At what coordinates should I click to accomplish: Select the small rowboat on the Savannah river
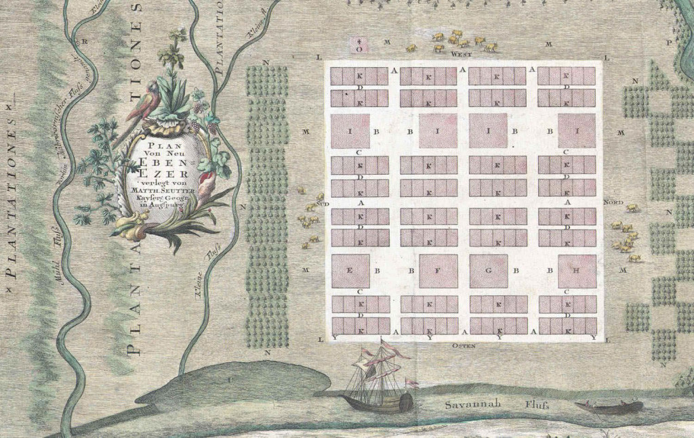(608, 407)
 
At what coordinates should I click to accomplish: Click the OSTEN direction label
(462, 346)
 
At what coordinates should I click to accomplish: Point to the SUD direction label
(323, 202)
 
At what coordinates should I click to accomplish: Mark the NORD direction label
(613, 202)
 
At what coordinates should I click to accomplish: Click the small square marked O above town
(360, 46)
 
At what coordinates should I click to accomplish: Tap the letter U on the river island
(229, 380)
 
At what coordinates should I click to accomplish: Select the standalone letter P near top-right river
(669, 42)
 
